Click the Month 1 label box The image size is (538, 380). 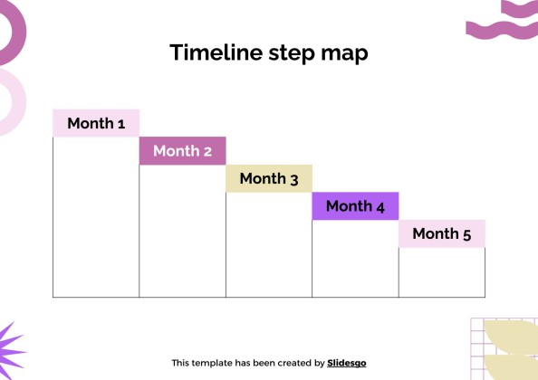tap(96, 123)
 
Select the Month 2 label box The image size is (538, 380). tap(183, 151)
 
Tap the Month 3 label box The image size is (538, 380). tap(269, 178)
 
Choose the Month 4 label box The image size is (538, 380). tap(355, 206)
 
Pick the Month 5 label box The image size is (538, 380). tap(442, 233)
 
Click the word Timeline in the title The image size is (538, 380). tap(216, 52)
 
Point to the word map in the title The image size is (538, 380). tap(344, 55)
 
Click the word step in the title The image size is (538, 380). tap(292, 54)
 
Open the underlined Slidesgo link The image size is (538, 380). tap(347, 363)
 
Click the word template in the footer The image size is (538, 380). tap(209, 363)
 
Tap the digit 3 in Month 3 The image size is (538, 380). tap(294, 180)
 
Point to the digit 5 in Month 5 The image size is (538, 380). tap(467, 235)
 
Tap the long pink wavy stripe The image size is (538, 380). tap(502, 30)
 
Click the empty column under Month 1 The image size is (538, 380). tap(96, 217)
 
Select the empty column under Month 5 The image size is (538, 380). tap(442, 272)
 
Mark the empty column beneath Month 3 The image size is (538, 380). tap(269, 244)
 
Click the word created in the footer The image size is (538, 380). tap(294, 363)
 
